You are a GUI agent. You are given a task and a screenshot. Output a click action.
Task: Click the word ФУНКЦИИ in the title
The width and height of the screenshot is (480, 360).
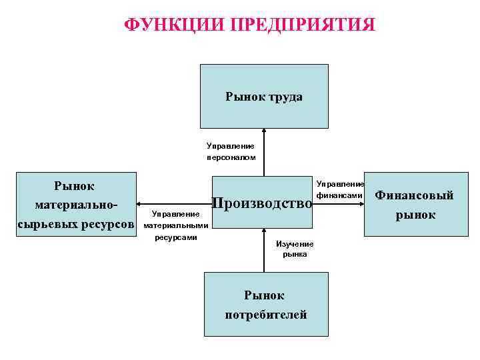tap(174, 25)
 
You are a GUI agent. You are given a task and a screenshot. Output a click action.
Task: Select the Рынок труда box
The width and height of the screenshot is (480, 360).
tap(264, 95)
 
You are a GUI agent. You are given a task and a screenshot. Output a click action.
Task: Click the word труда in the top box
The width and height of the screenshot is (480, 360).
tap(287, 97)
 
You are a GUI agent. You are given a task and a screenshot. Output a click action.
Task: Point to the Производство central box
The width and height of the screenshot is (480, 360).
tap(261, 202)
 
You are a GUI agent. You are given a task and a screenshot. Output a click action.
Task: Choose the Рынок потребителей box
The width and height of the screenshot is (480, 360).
tap(265, 304)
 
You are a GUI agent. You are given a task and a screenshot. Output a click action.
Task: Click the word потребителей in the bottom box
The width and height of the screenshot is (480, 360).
tap(265, 315)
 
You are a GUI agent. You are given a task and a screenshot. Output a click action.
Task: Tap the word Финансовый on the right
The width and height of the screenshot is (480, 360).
tap(414, 195)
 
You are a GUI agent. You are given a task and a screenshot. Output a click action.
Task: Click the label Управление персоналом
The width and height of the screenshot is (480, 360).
tap(231, 151)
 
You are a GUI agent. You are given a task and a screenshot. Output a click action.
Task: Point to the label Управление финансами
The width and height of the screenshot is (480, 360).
tap(339, 189)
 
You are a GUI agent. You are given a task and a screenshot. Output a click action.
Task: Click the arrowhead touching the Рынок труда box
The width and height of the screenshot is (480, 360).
tap(264, 131)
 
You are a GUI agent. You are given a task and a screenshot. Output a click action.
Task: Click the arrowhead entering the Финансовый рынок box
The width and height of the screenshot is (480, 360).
tap(361, 203)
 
